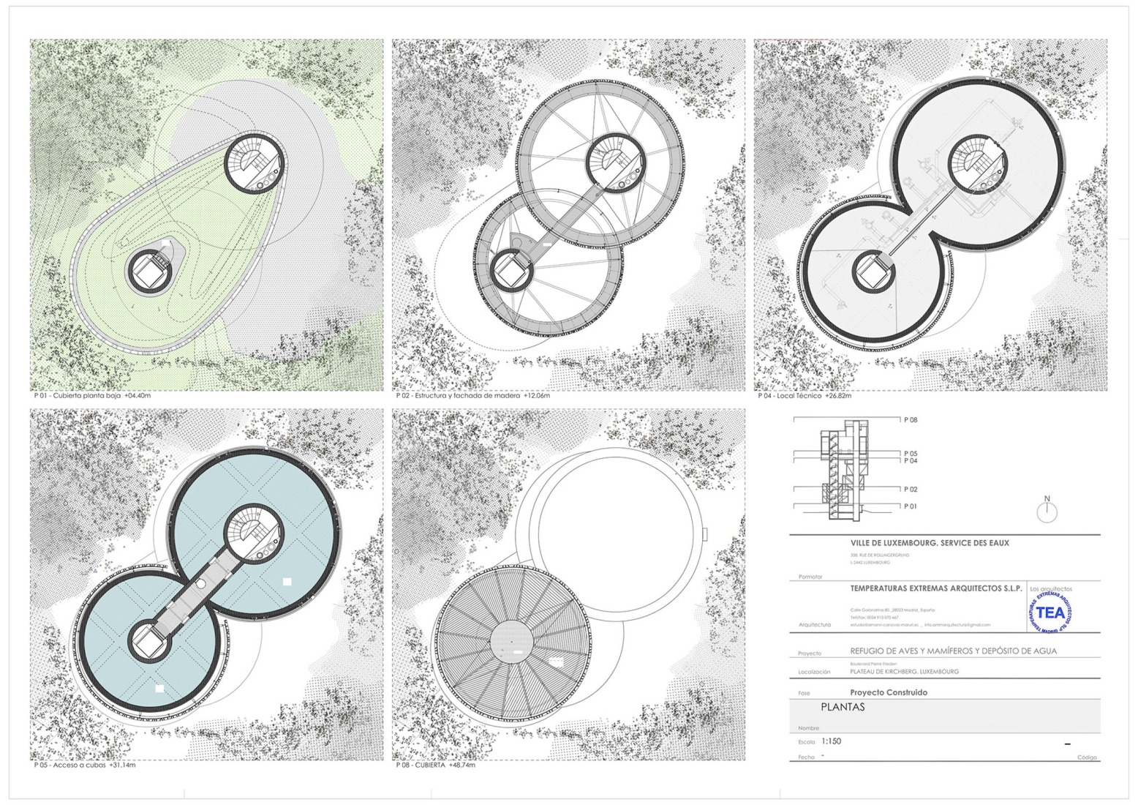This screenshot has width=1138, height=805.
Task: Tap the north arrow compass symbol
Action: pyautogui.click(x=1047, y=509)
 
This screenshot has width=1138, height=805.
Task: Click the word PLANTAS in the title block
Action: pyautogui.click(x=843, y=708)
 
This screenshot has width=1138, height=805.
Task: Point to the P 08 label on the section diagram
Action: pyautogui.click(x=910, y=420)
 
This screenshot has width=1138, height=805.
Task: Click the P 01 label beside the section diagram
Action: pyautogui.click(x=910, y=506)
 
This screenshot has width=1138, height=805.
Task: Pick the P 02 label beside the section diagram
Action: pyautogui.click(x=910, y=490)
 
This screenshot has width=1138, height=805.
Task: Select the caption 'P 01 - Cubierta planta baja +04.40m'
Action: pyautogui.click(x=92, y=396)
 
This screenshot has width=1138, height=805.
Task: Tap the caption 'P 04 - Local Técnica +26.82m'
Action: pyautogui.click(x=804, y=396)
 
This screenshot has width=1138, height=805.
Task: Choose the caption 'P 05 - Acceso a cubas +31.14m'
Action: pyautogui.click(x=85, y=765)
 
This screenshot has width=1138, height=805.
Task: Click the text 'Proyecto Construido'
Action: pyautogui.click(x=889, y=692)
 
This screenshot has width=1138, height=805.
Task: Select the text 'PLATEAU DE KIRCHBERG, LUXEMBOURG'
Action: pyautogui.click(x=904, y=671)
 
